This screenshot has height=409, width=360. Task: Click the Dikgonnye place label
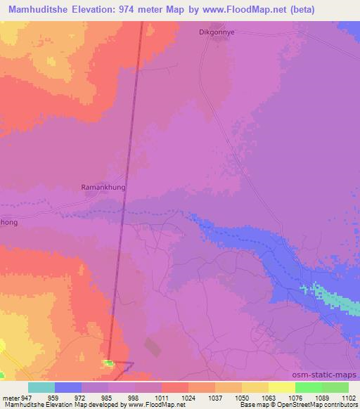coord(217,32)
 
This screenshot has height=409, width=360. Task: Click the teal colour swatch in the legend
coord(41,387)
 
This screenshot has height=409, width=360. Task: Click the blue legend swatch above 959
coord(68,387)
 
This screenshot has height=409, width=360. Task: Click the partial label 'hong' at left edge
coord(8,223)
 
